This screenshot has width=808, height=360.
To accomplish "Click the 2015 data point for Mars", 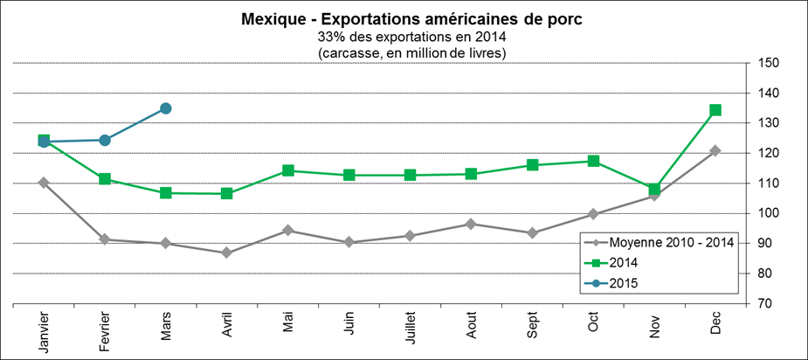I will [165, 108].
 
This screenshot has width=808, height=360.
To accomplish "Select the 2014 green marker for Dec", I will [715, 110].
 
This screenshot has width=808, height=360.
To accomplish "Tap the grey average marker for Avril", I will [226, 253].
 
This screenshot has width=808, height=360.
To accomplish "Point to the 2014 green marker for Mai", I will [287, 170].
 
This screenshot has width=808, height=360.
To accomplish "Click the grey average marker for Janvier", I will [44, 183].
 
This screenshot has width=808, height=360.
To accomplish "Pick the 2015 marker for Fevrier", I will [105, 140].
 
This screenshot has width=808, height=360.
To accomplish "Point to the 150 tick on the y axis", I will [769, 63].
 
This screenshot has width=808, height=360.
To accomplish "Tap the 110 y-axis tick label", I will [769, 183].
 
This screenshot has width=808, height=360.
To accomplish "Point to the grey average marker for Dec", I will [715, 150].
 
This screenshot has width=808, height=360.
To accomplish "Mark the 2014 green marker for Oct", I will [593, 161].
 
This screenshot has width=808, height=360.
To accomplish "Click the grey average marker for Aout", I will [471, 224].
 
